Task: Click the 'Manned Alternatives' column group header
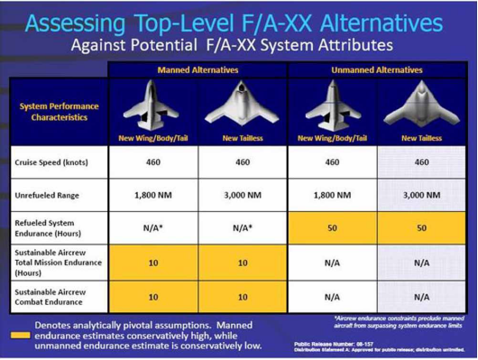coord(198,69)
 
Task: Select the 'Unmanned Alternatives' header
coord(377,69)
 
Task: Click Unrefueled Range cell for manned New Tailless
coord(243,195)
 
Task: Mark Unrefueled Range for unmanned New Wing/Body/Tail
coord(332,195)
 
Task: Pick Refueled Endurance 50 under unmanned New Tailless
coord(421,228)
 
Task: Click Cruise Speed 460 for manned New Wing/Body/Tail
coord(152,162)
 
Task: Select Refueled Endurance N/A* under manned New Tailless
coord(243,228)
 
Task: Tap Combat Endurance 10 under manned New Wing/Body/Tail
coord(152,296)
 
